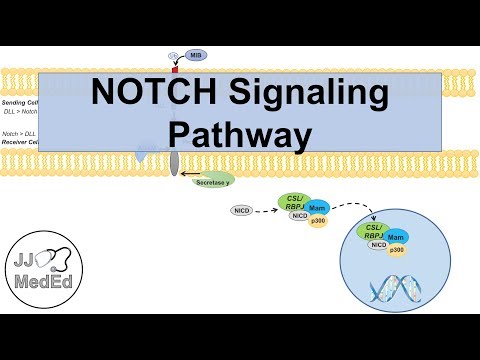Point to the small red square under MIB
174,70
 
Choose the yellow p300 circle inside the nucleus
397,249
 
